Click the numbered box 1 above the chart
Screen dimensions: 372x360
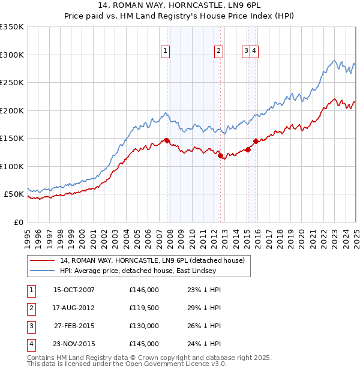click(164, 51)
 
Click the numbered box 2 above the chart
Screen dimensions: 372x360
click(219, 51)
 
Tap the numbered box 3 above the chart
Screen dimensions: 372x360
click(246, 51)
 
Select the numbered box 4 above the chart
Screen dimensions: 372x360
click(254, 51)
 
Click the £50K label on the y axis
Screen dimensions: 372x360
click(14, 194)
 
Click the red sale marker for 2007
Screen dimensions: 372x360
click(167, 141)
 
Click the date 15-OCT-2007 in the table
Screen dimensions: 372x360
click(74, 290)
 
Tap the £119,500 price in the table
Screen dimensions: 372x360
click(143, 308)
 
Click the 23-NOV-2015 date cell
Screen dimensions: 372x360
click(74, 344)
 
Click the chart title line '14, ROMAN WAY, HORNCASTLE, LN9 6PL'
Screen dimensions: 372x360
click(180, 5)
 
